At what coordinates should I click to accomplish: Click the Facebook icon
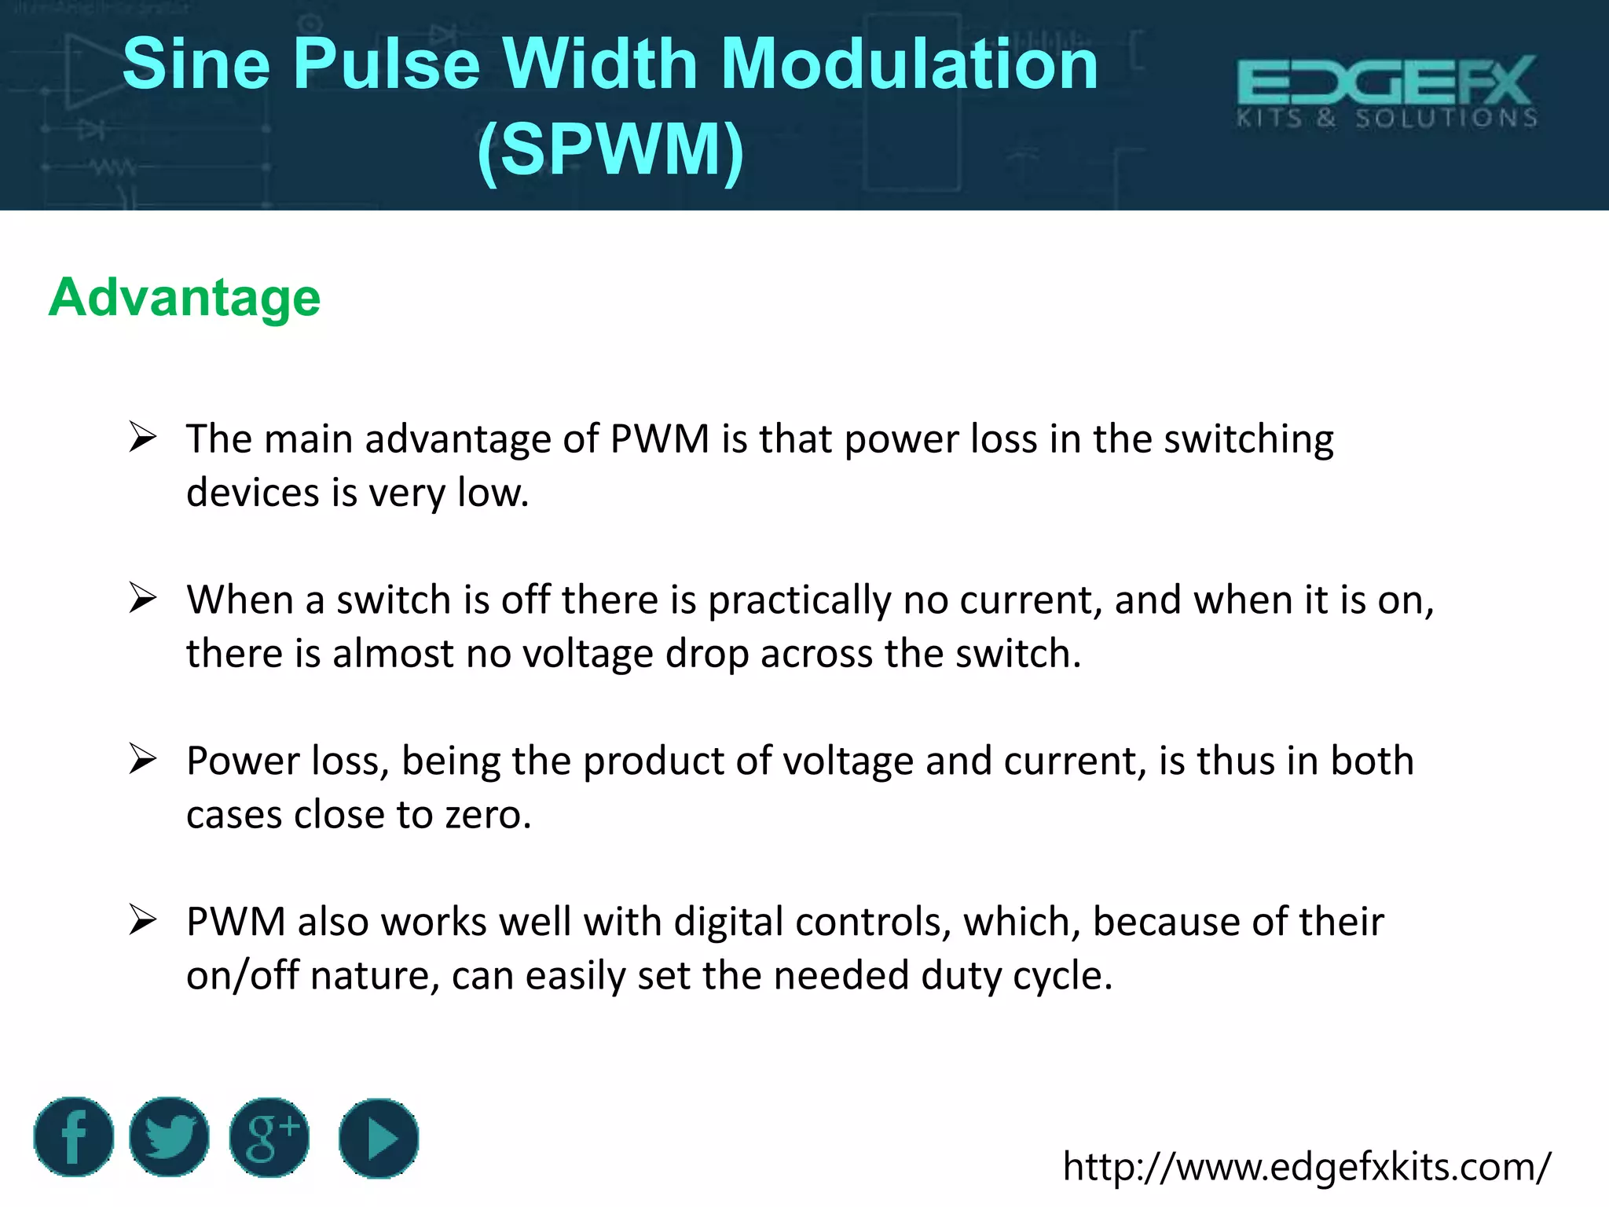coord(73,1136)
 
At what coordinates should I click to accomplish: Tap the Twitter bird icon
coord(169,1136)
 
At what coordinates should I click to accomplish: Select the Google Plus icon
coord(269,1137)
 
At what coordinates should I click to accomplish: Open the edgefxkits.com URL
coord(1307,1167)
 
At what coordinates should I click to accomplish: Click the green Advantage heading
coord(185,298)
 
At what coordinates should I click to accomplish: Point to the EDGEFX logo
coord(1387,91)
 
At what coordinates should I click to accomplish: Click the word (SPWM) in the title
coord(610,149)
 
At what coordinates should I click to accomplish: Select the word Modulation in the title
coord(909,64)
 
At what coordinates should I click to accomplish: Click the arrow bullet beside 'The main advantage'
coord(143,437)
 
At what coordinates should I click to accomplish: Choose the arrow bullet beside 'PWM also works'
coord(143,920)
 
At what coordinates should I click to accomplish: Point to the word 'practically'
coord(799,601)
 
